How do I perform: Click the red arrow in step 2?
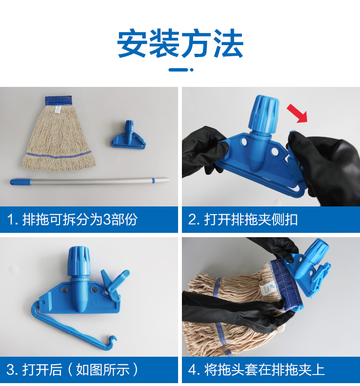(298, 113)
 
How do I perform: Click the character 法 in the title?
(228, 43)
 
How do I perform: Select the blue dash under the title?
(181, 70)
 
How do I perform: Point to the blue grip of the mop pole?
(21, 182)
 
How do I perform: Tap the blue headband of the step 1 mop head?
(58, 101)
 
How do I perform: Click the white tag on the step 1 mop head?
(58, 110)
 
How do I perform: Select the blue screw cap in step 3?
(79, 262)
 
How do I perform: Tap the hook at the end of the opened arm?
(112, 341)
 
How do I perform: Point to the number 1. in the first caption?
(13, 219)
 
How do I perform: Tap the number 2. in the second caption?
(194, 219)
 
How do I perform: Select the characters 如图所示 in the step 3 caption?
(103, 369)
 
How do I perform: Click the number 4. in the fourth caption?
(194, 369)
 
